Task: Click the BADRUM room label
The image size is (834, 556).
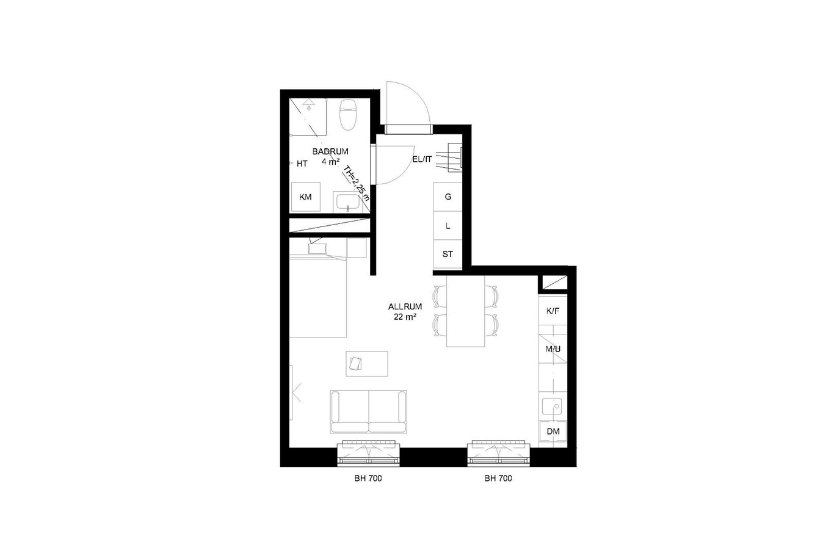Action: (x=330, y=151)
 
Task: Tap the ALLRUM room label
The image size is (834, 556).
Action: (x=405, y=306)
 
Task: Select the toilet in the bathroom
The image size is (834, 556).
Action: (x=348, y=114)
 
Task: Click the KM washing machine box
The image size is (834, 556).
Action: (x=305, y=197)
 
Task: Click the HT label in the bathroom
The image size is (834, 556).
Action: (x=302, y=164)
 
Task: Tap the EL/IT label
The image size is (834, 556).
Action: (x=422, y=159)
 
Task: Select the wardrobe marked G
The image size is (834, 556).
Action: (x=448, y=197)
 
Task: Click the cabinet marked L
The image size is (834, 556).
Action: (x=448, y=226)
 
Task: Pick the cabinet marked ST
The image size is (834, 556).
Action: (x=448, y=254)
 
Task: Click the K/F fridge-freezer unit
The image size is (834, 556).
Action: (x=553, y=311)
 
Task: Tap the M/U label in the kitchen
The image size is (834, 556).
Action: (x=553, y=349)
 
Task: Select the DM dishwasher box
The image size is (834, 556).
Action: (x=553, y=431)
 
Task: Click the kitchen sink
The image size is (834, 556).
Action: (x=552, y=406)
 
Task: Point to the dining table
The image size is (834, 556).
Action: (x=465, y=311)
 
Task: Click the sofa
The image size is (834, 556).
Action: (x=368, y=411)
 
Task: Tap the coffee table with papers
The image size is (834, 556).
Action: (x=367, y=364)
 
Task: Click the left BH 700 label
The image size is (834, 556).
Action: (x=368, y=478)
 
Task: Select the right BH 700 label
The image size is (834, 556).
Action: (x=498, y=478)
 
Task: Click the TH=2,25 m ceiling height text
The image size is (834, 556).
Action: (x=356, y=184)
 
